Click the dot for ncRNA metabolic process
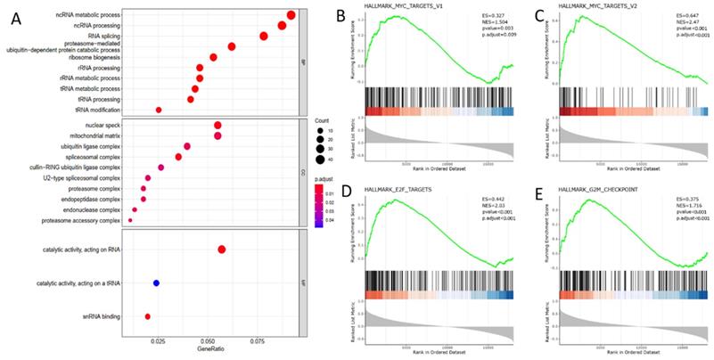point(291,15)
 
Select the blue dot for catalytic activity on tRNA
point(156,282)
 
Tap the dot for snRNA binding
point(148,315)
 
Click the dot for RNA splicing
point(264,36)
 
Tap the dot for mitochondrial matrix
point(217,135)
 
